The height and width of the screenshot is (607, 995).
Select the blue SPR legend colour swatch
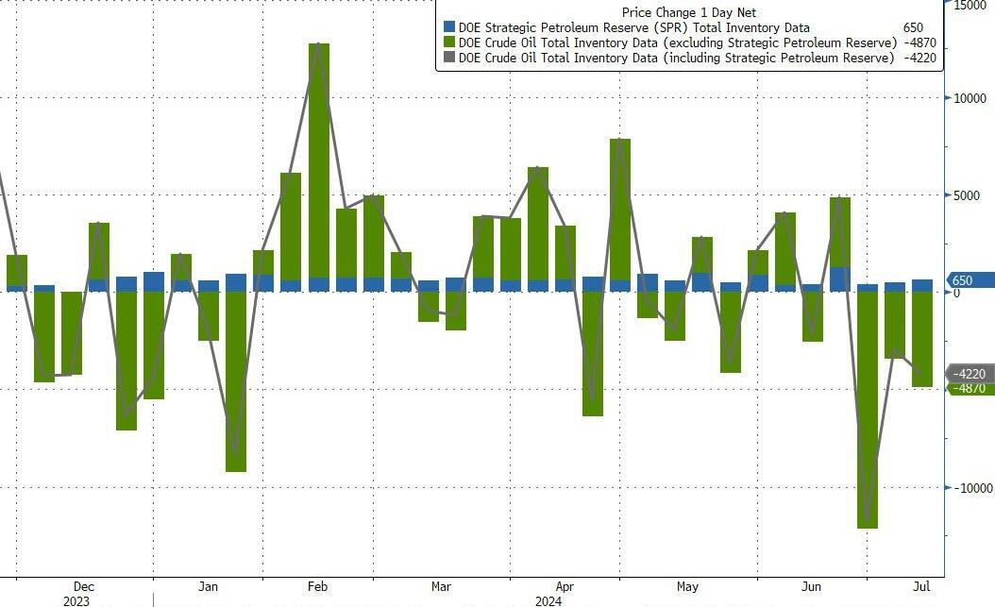point(449,28)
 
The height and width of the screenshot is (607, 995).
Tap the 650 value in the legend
point(912,28)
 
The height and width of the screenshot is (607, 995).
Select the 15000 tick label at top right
point(970,6)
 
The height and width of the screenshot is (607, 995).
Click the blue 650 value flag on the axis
point(967,280)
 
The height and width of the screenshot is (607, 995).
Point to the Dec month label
point(83,585)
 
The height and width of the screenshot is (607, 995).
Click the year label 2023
point(76,600)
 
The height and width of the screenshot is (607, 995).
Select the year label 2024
point(548,600)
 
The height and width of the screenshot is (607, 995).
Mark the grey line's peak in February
point(319,43)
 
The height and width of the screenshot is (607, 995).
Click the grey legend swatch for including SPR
point(449,58)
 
